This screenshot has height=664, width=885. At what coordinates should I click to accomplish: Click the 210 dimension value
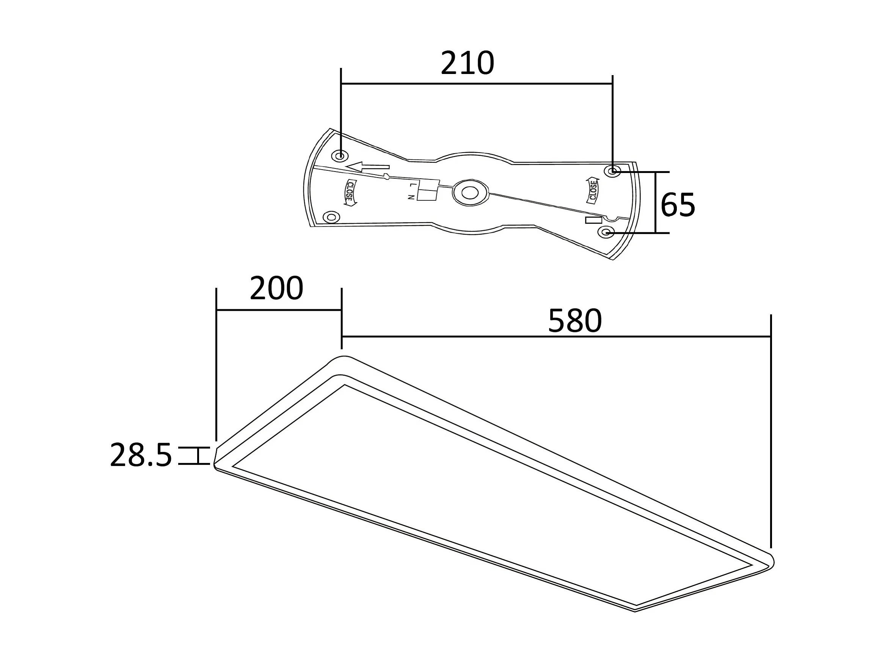(467, 63)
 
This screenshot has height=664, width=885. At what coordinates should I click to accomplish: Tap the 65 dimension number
(678, 205)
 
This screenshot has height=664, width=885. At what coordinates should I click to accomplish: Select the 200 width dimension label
(276, 288)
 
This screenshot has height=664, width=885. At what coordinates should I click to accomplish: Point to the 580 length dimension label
(575, 321)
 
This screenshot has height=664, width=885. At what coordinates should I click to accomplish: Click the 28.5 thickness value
(141, 455)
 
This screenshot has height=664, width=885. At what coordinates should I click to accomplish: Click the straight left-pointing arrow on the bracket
(367, 167)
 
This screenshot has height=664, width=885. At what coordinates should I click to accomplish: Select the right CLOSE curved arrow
(593, 190)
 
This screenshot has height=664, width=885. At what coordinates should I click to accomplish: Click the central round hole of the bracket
(470, 192)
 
